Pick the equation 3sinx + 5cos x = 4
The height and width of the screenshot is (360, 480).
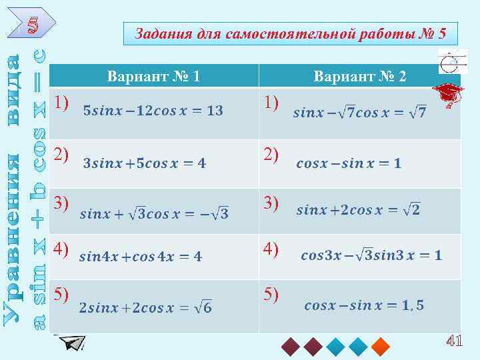[x=145, y=162]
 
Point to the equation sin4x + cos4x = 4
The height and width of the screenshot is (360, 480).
[x=141, y=256]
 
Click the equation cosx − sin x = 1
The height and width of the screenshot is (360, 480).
[x=349, y=163]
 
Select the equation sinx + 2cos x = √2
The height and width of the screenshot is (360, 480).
[x=358, y=211]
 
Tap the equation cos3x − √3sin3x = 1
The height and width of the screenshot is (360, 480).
[x=371, y=255]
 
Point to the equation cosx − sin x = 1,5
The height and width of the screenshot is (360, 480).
[x=364, y=306]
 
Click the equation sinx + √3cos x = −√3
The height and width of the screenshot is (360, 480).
[x=154, y=214]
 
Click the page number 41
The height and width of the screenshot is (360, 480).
[x=454, y=341]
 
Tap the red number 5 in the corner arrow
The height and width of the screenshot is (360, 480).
[x=34, y=25]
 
